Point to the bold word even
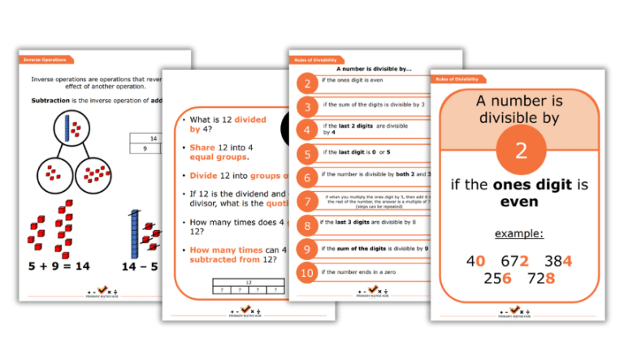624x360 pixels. tap(519, 202)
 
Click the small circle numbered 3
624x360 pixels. tap(306, 106)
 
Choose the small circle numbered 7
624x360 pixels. tap(306, 201)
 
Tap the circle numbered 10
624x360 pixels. tap(306, 272)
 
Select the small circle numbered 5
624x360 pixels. tap(306, 154)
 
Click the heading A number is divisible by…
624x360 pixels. tap(374, 71)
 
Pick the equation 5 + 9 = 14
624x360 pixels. tap(59, 266)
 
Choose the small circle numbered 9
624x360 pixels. tap(306, 249)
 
